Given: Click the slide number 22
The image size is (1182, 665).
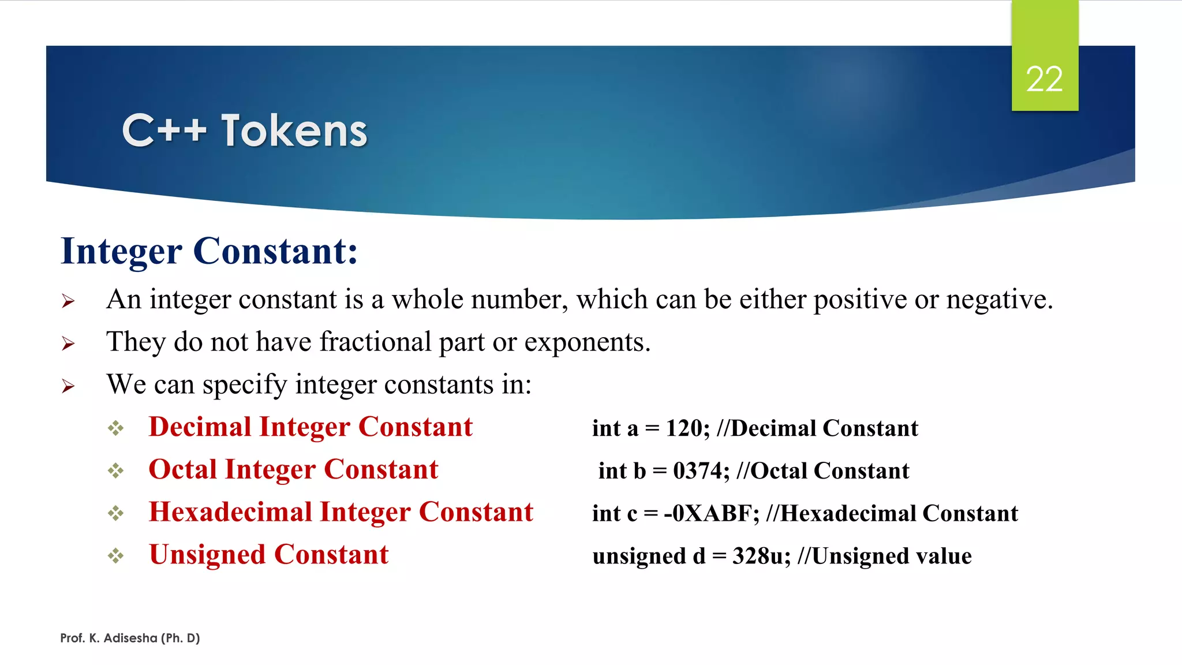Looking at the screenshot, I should [x=1044, y=79].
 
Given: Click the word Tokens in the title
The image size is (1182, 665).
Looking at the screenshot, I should [x=294, y=131].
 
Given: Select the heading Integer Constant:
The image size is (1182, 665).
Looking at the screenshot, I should [x=210, y=251].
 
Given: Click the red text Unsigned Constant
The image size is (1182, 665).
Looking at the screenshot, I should [x=268, y=555].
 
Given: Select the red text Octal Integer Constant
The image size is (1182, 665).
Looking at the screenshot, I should [x=293, y=469].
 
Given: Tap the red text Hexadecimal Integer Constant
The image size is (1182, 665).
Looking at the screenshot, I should [x=341, y=512].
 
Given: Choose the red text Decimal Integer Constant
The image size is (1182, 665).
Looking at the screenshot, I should [x=311, y=427].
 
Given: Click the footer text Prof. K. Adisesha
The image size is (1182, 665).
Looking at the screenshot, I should [x=130, y=638].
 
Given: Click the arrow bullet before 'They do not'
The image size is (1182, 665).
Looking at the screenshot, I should [x=68, y=343].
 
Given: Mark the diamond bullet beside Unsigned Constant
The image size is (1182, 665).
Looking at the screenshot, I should [x=115, y=556].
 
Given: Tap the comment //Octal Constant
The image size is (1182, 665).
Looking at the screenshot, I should [x=823, y=471].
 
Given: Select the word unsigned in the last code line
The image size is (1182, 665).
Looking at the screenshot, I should [x=639, y=556].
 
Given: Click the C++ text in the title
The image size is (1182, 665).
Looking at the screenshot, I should [x=164, y=131].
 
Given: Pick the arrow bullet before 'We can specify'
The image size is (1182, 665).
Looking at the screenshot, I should [x=68, y=386].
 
